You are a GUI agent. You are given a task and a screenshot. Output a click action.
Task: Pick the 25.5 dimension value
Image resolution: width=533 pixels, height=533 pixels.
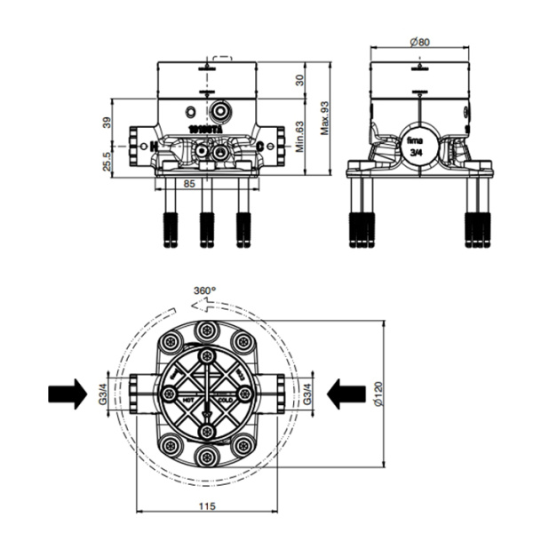[107, 160]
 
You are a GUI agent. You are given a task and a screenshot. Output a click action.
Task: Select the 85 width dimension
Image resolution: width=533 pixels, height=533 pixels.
[188, 184]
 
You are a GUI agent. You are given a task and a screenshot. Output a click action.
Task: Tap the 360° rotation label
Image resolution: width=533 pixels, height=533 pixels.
[205, 290]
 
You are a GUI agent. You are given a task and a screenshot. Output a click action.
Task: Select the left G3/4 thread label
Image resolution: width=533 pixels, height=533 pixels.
[104, 392]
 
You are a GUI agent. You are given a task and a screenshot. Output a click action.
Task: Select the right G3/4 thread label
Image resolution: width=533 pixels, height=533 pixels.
[306, 392]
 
